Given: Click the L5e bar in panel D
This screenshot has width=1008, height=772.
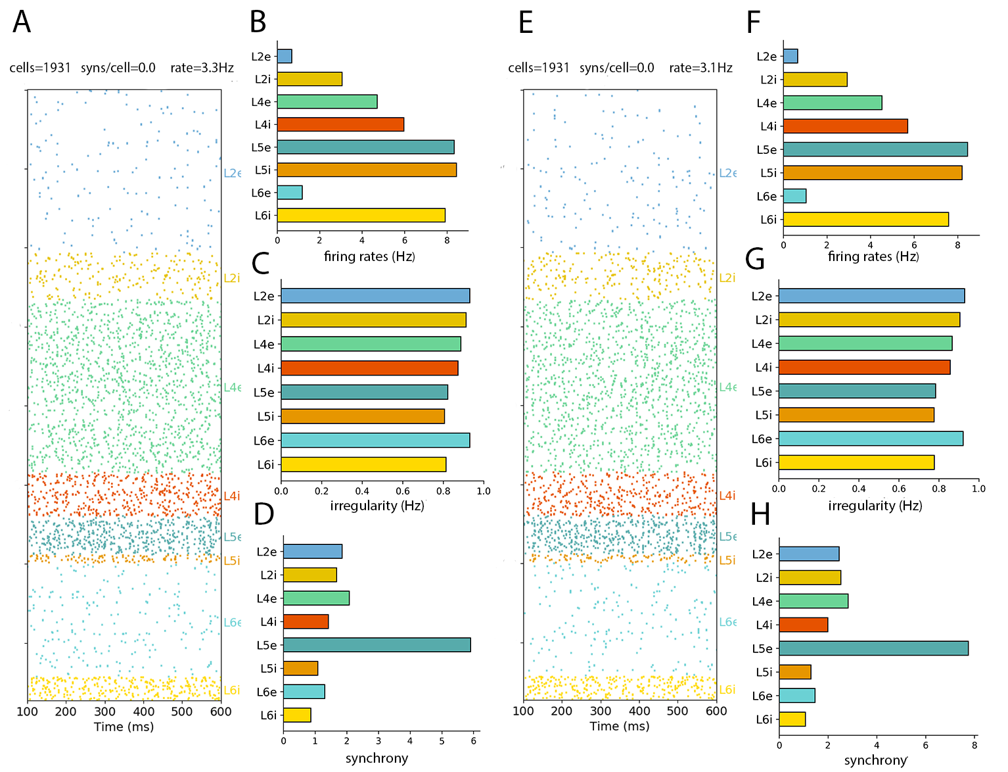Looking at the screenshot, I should (377, 645).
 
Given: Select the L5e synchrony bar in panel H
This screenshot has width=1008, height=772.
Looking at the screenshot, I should (873, 648).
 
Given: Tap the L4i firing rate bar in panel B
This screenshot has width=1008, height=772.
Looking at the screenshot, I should (340, 124).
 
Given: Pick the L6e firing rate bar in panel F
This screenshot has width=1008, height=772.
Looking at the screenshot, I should (794, 196).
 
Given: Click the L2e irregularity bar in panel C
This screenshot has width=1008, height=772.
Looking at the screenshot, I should (375, 296).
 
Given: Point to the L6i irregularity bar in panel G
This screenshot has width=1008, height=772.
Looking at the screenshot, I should (856, 462).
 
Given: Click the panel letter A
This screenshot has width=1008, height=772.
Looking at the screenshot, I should (22, 22).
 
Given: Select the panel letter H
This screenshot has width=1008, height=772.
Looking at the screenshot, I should (760, 514).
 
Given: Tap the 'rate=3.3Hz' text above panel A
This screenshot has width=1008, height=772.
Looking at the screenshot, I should (202, 68).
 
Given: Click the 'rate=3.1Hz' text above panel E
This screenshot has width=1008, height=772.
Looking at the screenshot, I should (700, 68).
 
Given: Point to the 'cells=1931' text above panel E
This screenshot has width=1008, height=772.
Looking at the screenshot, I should (539, 68).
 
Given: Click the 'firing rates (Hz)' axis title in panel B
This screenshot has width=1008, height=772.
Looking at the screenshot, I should (369, 256).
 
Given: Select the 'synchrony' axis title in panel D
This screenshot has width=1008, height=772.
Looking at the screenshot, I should (377, 758).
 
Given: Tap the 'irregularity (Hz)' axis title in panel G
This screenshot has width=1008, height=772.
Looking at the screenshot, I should (875, 506).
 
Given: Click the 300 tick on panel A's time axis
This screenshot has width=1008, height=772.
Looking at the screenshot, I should (105, 712).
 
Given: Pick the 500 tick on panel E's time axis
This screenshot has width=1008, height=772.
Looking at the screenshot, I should (677, 711).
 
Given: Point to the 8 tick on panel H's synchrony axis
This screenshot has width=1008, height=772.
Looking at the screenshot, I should (974, 745).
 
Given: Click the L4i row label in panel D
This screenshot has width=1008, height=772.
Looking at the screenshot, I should (269, 621).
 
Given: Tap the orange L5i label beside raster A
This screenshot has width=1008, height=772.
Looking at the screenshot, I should (232, 561).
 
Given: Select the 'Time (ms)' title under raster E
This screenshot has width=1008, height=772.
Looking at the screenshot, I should (619, 726).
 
